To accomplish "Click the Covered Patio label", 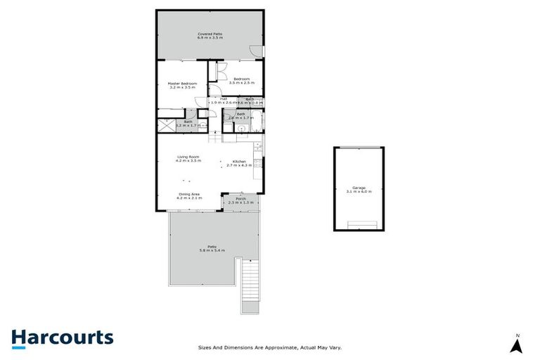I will pyautogui.click(x=210, y=32).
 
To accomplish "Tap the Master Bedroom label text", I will pyautogui.click(x=181, y=83).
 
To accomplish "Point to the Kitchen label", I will pyautogui.click(x=239, y=161).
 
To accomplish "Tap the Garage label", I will pyautogui.click(x=359, y=187).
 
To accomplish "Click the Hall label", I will pyautogui.click(x=223, y=98).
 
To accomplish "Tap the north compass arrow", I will pyautogui.click(x=517, y=345).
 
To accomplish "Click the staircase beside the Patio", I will pyautogui.click(x=249, y=285).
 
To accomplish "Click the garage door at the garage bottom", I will pyautogui.click(x=362, y=225).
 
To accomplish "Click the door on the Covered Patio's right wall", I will pyautogui.click(x=257, y=51).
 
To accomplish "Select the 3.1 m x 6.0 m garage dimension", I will pyautogui.click(x=359, y=191).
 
